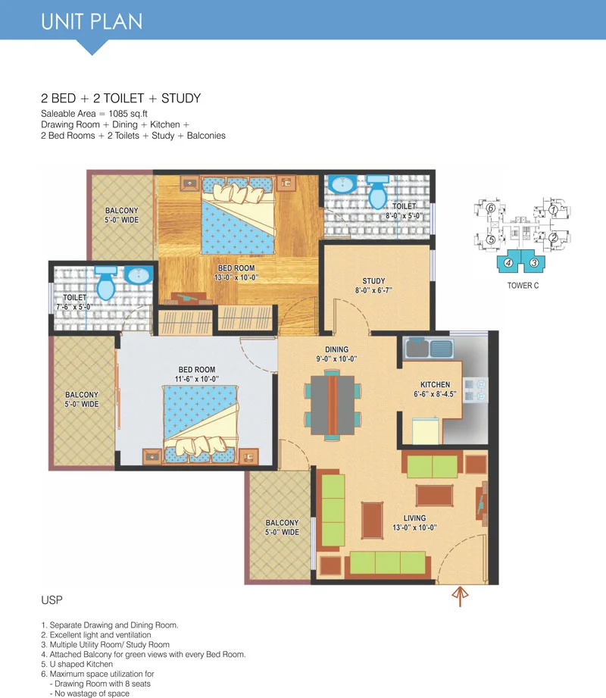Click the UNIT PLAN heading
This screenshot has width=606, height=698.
(x=92, y=21)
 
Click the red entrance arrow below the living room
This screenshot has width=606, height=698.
(x=460, y=596)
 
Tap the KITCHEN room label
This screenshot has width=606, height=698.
(x=435, y=384)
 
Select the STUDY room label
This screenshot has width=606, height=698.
(x=373, y=281)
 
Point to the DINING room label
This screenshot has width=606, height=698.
(x=337, y=349)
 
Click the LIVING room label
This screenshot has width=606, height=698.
(x=414, y=518)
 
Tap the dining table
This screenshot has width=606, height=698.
(x=333, y=405)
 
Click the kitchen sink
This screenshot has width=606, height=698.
(x=430, y=348)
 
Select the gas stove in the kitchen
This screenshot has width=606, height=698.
(x=475, y=390)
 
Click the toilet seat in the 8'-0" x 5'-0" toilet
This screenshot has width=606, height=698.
(x=378, y=192)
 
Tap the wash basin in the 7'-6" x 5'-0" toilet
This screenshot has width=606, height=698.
(x=139, y=275)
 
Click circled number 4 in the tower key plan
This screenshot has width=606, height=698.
(x=508, y=263)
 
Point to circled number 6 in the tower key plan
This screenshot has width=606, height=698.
(x=491, y=208)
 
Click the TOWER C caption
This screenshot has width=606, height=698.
(x=523, y=286)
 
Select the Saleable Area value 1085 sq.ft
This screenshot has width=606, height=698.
(x=128, y=114)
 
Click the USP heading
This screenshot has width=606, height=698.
(x=52, y=600)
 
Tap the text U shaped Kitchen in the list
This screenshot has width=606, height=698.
(x=81, y=664)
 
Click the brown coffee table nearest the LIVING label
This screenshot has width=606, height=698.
(x=434, y=496)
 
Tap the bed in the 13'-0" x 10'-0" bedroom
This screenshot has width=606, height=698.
(x=238, y=215)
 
